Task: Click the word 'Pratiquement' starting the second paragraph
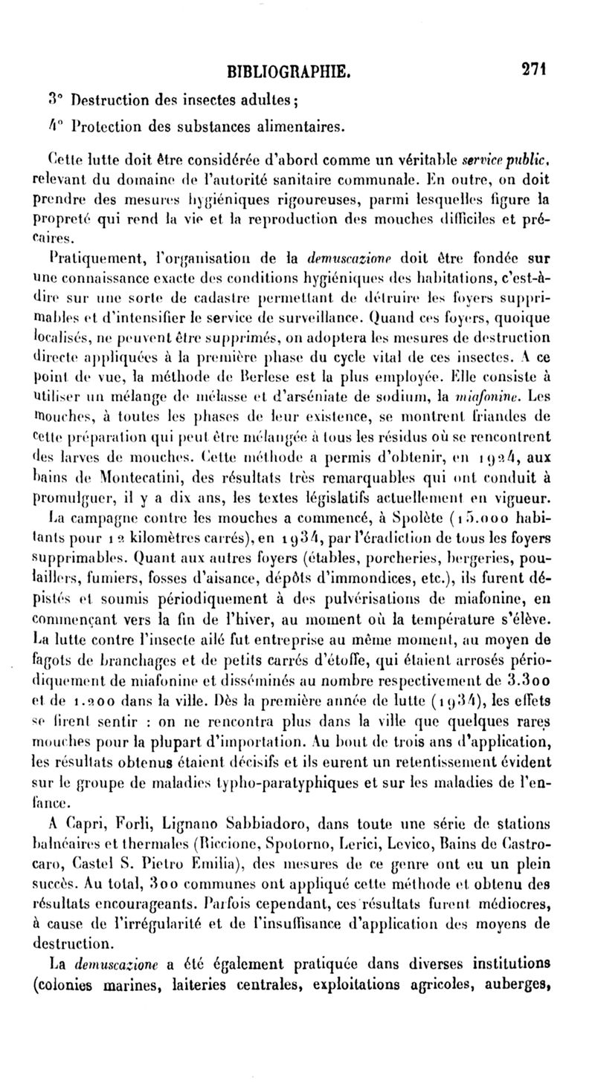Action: coord(86,261)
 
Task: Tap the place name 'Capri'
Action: coord(88,823)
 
